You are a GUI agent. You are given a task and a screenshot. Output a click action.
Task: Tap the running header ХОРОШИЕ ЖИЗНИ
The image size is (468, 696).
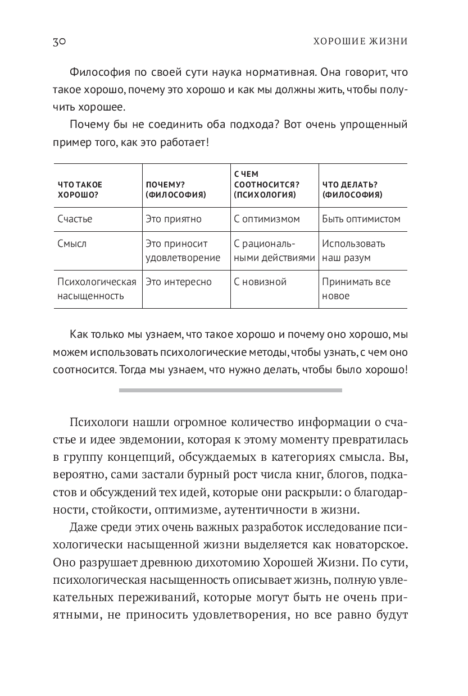point(360,42)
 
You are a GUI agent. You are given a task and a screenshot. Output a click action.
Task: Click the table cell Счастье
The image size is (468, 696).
point(75,219)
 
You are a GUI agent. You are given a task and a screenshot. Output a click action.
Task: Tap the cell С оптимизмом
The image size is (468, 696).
point(267,219)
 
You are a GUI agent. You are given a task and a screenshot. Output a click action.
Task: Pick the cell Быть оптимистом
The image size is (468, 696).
point(361,219)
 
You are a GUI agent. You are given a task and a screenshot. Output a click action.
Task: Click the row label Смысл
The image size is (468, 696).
point(72,244)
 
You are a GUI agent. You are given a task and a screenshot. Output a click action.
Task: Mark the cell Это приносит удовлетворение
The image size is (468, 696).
point(183,251)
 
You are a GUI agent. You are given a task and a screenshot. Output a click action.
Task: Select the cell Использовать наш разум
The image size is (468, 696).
point(353,251)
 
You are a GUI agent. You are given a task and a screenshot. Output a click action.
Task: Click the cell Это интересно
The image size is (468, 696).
point(178,282)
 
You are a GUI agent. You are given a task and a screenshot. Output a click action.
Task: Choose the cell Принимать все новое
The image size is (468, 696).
point(356,289)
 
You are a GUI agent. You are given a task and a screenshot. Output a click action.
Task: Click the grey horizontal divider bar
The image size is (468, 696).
point(230,390)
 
